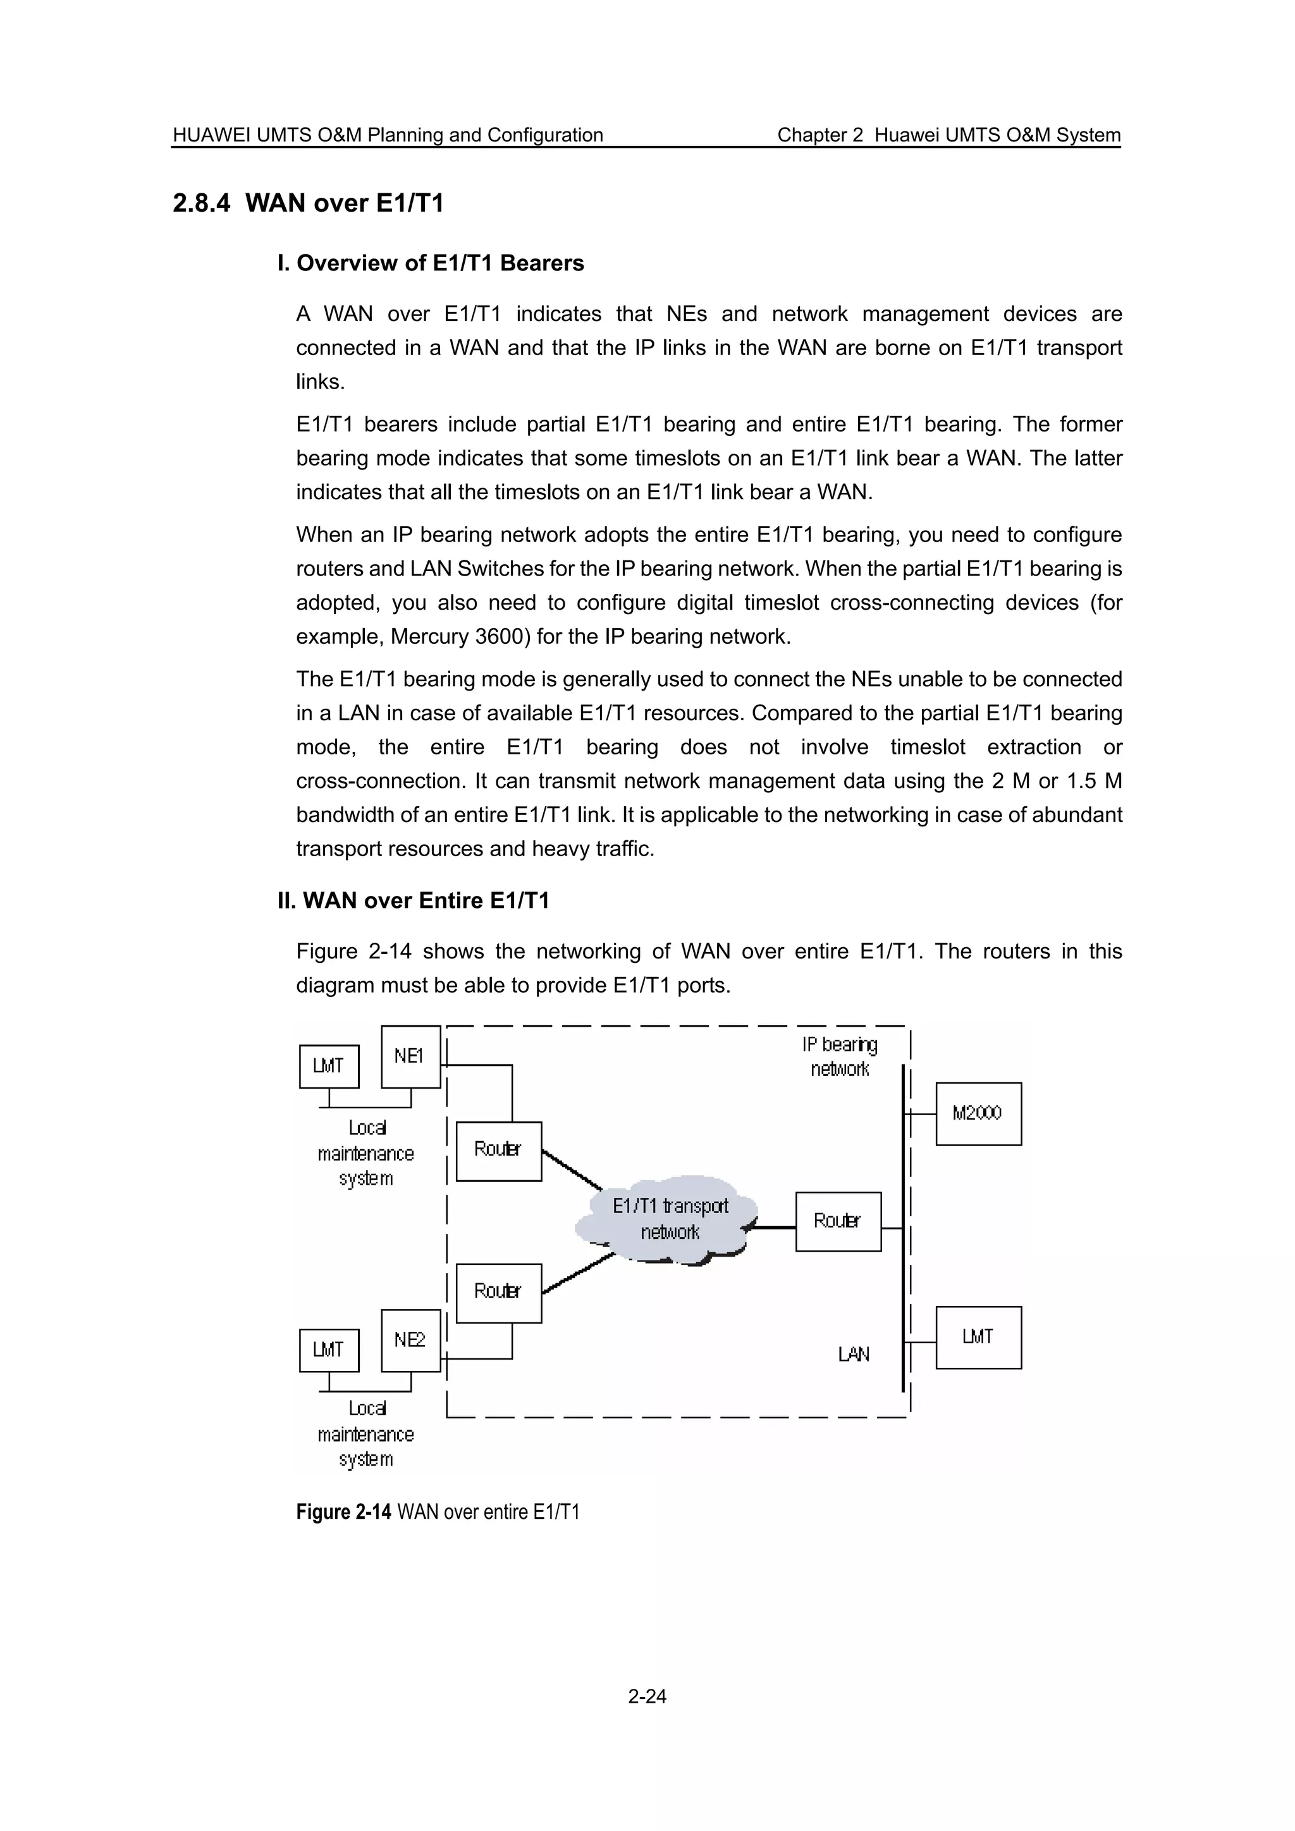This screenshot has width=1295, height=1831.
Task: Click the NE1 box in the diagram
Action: pyautogui.click(x=410, y=1056)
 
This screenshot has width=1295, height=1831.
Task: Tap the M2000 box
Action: pyautogui.click(x=978, y=1113)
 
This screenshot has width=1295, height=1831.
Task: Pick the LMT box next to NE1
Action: pyautogui.click(x=329, y=1067)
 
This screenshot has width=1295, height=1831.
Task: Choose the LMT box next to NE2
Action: pyautogui.click(x=329, y=1350)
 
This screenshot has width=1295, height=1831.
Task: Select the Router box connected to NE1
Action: pyautogui.click(x=498, y=1150)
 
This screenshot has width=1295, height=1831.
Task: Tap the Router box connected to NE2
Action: pyautogui.click(x=498, y=1292)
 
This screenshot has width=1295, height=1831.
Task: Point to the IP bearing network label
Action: pyautogui.click(x=839, y=1056)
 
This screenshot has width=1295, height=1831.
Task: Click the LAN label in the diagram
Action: pyautogui.click(x=853, y=1354)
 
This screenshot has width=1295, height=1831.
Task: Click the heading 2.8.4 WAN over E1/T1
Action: pyautogui.click(x=308, y=203)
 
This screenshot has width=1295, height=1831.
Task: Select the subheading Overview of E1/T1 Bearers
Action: pyautogui.click(x=431, y=263)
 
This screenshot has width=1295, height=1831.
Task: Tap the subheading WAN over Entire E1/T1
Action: pyautogui.click(x=414, y=901)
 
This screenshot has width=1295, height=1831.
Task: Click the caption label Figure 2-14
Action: pyautogui.click(x=343, y=1512)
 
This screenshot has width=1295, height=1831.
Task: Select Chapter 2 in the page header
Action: pyautogui.click(x=819, y=135)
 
